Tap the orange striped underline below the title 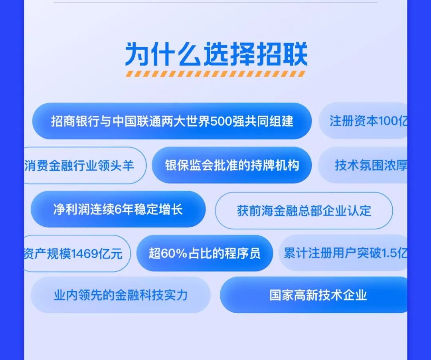(x=216, y=74)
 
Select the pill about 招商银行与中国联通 (x=172, y=121)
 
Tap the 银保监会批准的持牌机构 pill (x=232, y=165)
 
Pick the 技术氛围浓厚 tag (x=369, y=165)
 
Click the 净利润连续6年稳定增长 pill (x=118, y=209)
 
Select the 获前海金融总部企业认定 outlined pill (x=304, y=210)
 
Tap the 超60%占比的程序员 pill (x=204, y=253)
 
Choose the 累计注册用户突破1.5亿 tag (x=344, y=253)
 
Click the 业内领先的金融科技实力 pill (x=121, y=295)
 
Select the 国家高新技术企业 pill (x=318, y=295)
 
